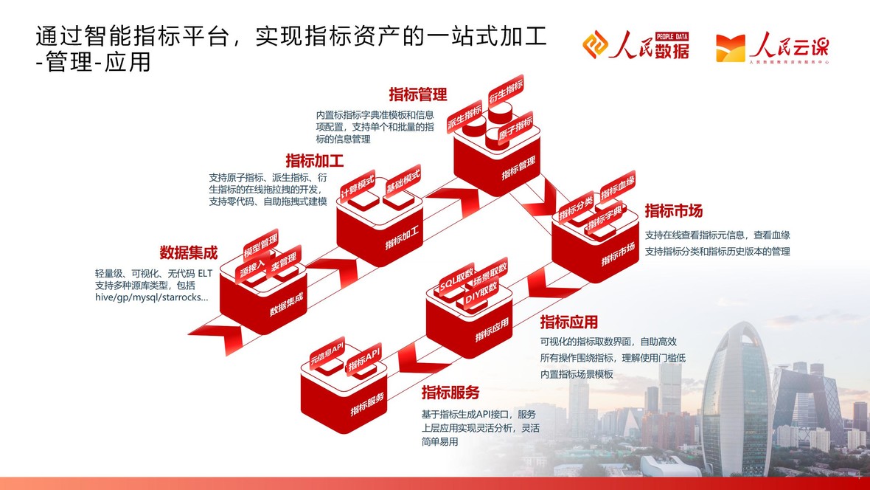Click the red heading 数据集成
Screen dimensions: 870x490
(x=188, y=253)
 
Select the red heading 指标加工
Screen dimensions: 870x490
(x=315, y=161)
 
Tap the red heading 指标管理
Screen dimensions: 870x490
(x=418, y=94)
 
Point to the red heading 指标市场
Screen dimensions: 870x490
(x=674, y=211)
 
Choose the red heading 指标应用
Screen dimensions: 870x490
(x=568, y=322)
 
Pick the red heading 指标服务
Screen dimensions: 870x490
(x=450, y=393)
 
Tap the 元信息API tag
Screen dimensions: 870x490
(x=327, y=353)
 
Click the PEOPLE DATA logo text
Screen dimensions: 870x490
(x=672, y=36)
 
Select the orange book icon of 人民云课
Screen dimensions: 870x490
(x=731, y=48)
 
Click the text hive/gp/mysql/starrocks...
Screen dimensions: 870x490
(x=151, y=298)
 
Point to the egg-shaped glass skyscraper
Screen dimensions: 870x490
(x=737, y=399)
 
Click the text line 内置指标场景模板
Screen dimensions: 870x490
(x=577, y=374)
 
